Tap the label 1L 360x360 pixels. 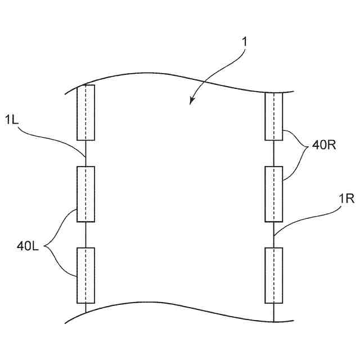coord(12,119)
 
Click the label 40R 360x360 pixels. coord(325,146)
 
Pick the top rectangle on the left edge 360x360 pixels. coord(85,112)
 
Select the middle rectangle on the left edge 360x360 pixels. coord(85,194)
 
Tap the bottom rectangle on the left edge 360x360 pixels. coord(85,275)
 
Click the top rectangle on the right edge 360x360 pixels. coord(274,116)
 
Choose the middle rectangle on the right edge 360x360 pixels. coord(274,194)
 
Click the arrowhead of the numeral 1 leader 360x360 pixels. coord(192,102)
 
